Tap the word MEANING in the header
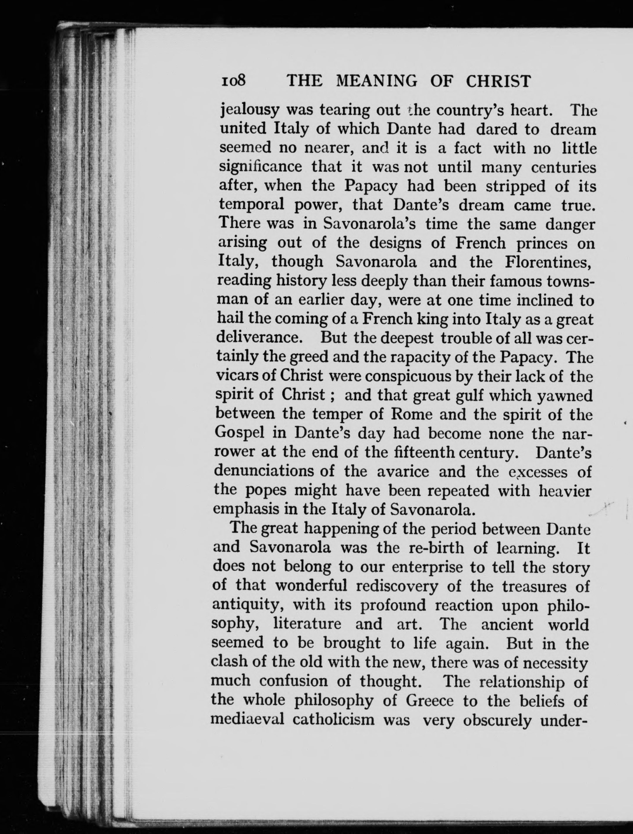pyautogui.click(x=377, y=81)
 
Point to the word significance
pyautogui.click(x=261, y=167)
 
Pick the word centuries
pyautogui.click(x=564, y=167)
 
